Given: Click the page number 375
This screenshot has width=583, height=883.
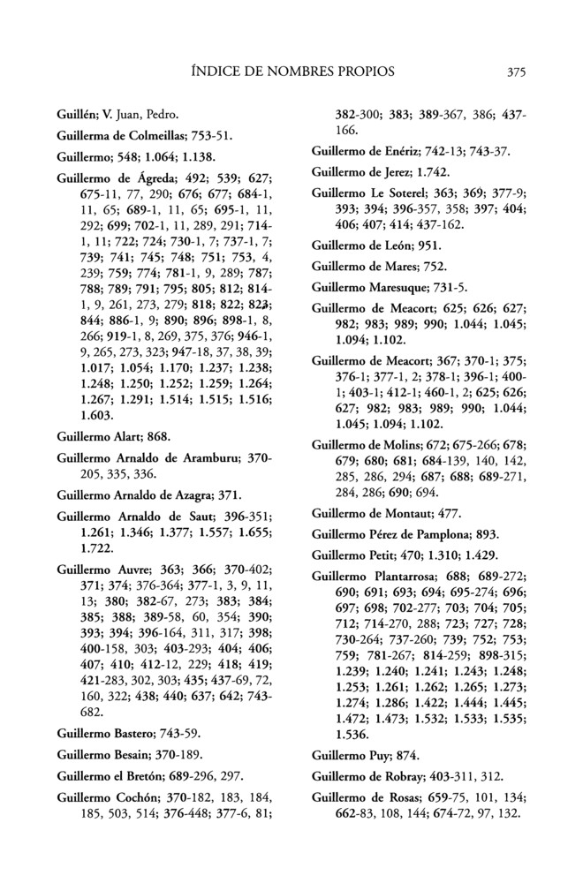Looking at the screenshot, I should pyautogui.click(x=518, y=72).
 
